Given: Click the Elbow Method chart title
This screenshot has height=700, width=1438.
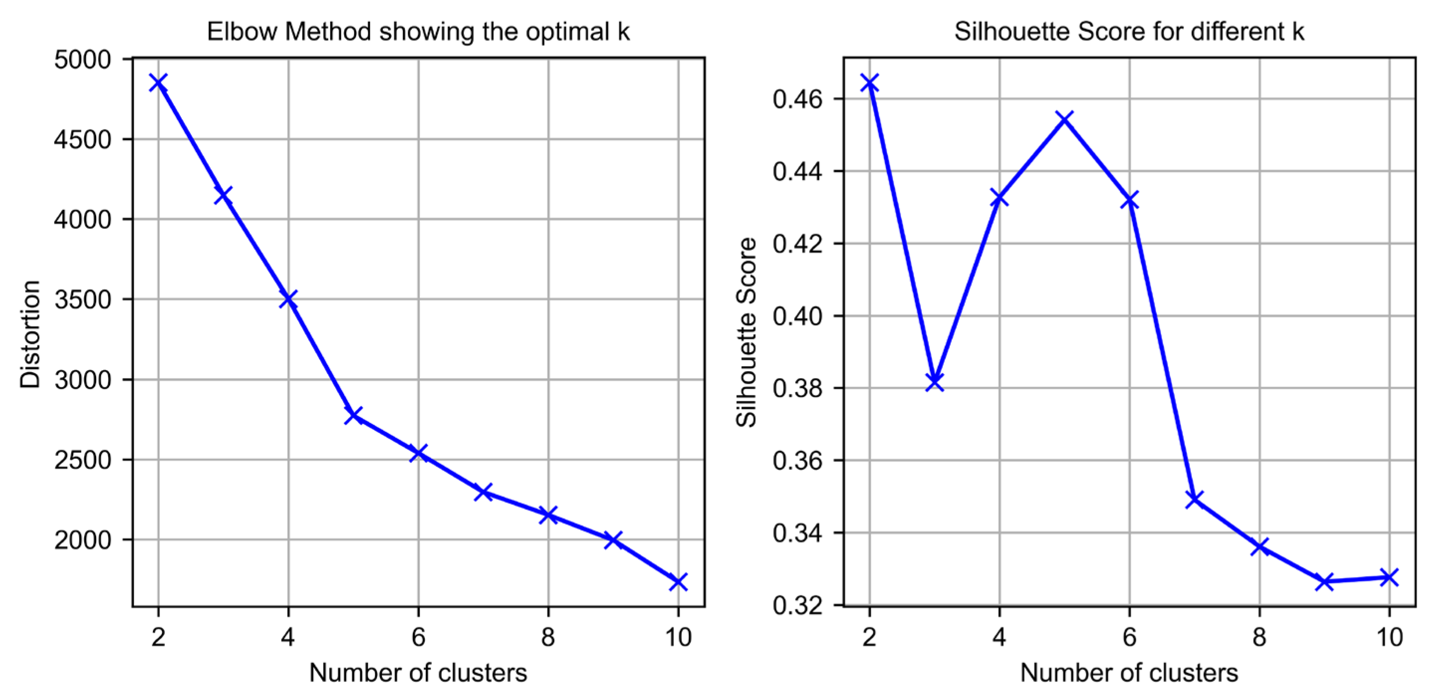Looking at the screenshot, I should tap(418, 32).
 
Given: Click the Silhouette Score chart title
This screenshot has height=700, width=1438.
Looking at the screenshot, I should tap(1129, 32).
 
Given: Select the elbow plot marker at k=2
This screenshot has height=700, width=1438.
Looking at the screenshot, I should tap(158, 83).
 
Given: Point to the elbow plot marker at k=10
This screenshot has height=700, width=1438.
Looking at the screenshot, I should tap(678, 581).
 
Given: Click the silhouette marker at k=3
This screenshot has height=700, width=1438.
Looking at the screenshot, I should tap(934, 382).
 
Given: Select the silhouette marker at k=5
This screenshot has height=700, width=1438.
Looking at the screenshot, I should tap(1064, 119).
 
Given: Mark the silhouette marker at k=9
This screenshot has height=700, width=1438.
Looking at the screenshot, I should tap(1324, 581).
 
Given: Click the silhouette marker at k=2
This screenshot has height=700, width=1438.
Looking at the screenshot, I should tap(870, 83).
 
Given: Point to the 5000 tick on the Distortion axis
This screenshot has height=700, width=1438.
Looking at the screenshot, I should tap(83, 60).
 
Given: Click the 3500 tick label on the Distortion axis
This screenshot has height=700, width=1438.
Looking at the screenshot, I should tap(83, 300).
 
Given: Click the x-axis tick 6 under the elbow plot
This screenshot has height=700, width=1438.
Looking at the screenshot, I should tap(418, 637).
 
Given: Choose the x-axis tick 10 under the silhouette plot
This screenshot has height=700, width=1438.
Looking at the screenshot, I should tap(1389, 637).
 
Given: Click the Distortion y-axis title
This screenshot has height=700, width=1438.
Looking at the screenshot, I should tap(30, 334).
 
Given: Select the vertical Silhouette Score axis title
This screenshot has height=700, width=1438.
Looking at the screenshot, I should tap(746, 333).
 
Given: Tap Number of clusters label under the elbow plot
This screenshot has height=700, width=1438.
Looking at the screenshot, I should tap(418, 673).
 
